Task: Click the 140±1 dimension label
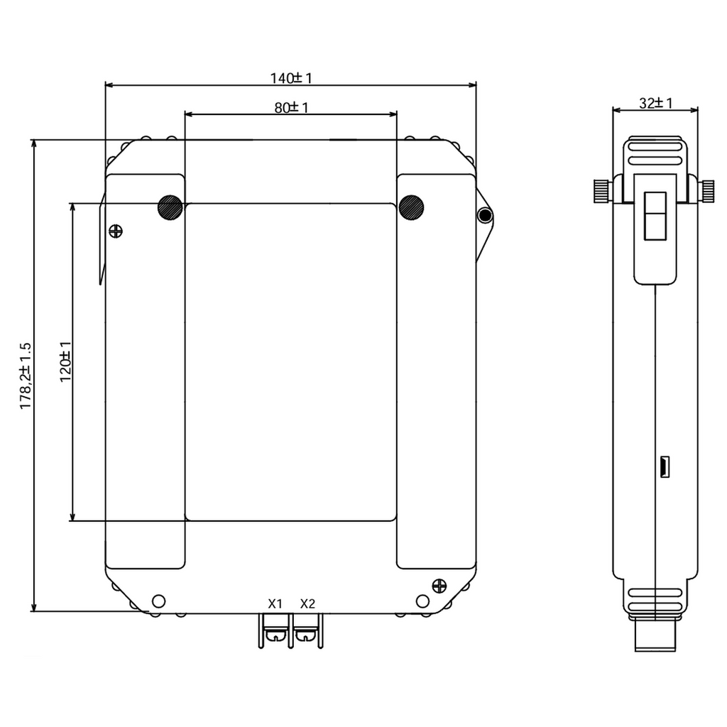coord(291,78)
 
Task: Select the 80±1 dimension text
coord(291,108)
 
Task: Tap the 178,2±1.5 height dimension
coord(25,376)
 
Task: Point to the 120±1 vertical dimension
coord(65,361)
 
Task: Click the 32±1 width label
coord(655,103)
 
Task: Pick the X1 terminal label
coord(275,603)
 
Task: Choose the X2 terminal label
coord(307,603)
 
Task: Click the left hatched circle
coord(170,207)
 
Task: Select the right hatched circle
coord(411,207)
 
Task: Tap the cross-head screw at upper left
coord(116,231)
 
